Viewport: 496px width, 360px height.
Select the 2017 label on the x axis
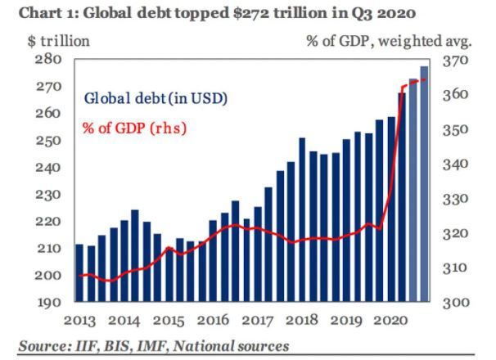click(x=263, y=320)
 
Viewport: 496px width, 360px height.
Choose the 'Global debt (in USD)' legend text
click(x=156, y=98)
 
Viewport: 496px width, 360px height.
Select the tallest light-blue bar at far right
click(x=424, y=184)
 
